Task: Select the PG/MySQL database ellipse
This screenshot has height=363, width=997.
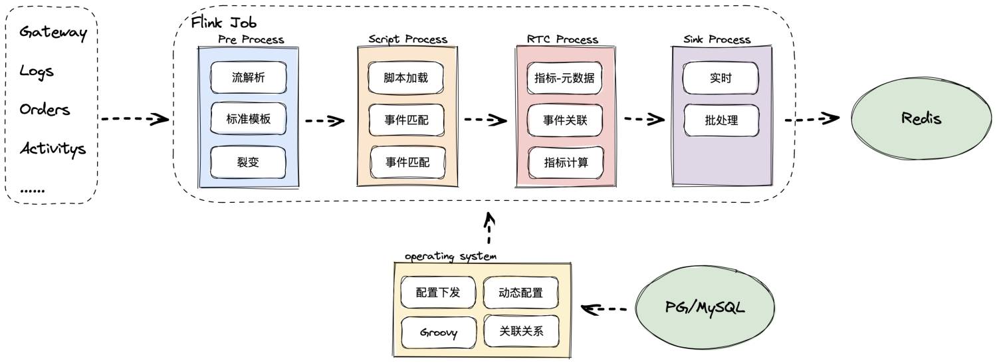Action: pyautogui.click(x=705, y=308)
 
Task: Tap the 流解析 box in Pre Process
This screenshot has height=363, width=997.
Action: pyautogui.click(x=248, y=78)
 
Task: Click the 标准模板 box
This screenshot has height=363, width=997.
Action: pyautogui.click(x=248, y=120)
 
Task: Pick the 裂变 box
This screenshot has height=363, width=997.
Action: pyautogui.click(x=248, y=162)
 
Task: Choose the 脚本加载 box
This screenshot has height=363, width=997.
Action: pyautogui.click(x=405, y=78)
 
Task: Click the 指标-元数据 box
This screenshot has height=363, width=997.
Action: pyautogui.click(x=565, y=78)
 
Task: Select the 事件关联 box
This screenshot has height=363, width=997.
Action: pyautogui.click(x=565, y=120)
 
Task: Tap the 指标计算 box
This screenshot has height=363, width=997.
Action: pyautogui.click(x=565, y=162)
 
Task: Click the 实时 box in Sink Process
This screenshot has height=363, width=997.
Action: pyautogui.click(x=720, y=78)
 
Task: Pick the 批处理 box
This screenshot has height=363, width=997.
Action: pyautogui.click(x=720, y=121)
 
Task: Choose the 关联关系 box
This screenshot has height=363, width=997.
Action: pyautogui.click(x=521, y=332)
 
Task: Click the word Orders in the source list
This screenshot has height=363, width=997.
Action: pyautogui.click(x=45, y=110)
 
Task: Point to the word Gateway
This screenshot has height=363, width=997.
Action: pyautogui.click(x=53, y=33)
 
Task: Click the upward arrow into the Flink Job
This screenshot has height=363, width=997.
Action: pyautogui.click(x=489, y=229)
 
